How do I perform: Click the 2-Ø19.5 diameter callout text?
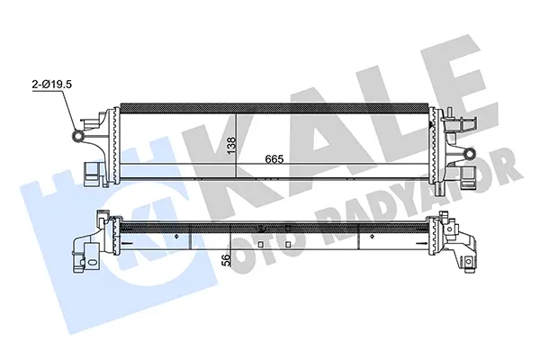pos(51,85)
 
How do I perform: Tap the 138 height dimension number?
pos(231,145)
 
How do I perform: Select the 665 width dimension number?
pos(274,159)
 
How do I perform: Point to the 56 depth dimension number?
pos(226,260)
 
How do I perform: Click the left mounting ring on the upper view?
pos(78,136)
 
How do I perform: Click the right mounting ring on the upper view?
pos(469,153)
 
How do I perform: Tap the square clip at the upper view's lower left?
pos(93,171)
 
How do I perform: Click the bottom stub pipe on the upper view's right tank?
pos(439,188)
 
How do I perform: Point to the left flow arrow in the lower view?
pos(127,244)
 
